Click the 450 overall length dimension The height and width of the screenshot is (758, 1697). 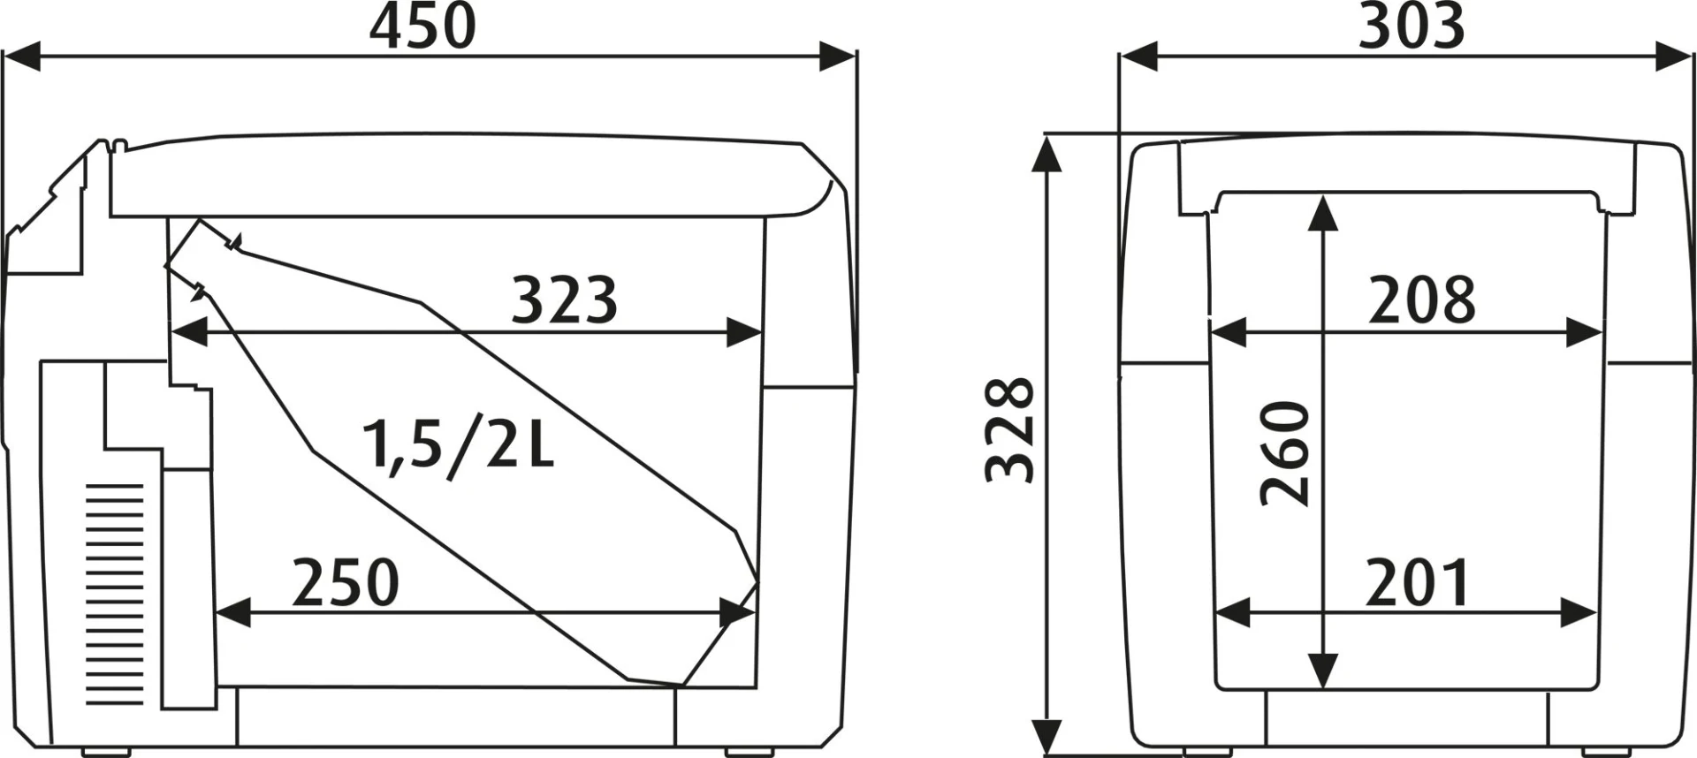422,27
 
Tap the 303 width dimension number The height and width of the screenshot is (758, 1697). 1411,27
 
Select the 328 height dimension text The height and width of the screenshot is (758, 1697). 1010,430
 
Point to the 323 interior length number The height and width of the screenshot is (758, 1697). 564,300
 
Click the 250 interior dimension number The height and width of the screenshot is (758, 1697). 346,583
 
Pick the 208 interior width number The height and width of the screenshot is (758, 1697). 1422,300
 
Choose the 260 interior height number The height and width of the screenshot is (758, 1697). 1285,453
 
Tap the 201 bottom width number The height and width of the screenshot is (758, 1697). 1418,583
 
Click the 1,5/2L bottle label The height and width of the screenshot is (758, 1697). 459,446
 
